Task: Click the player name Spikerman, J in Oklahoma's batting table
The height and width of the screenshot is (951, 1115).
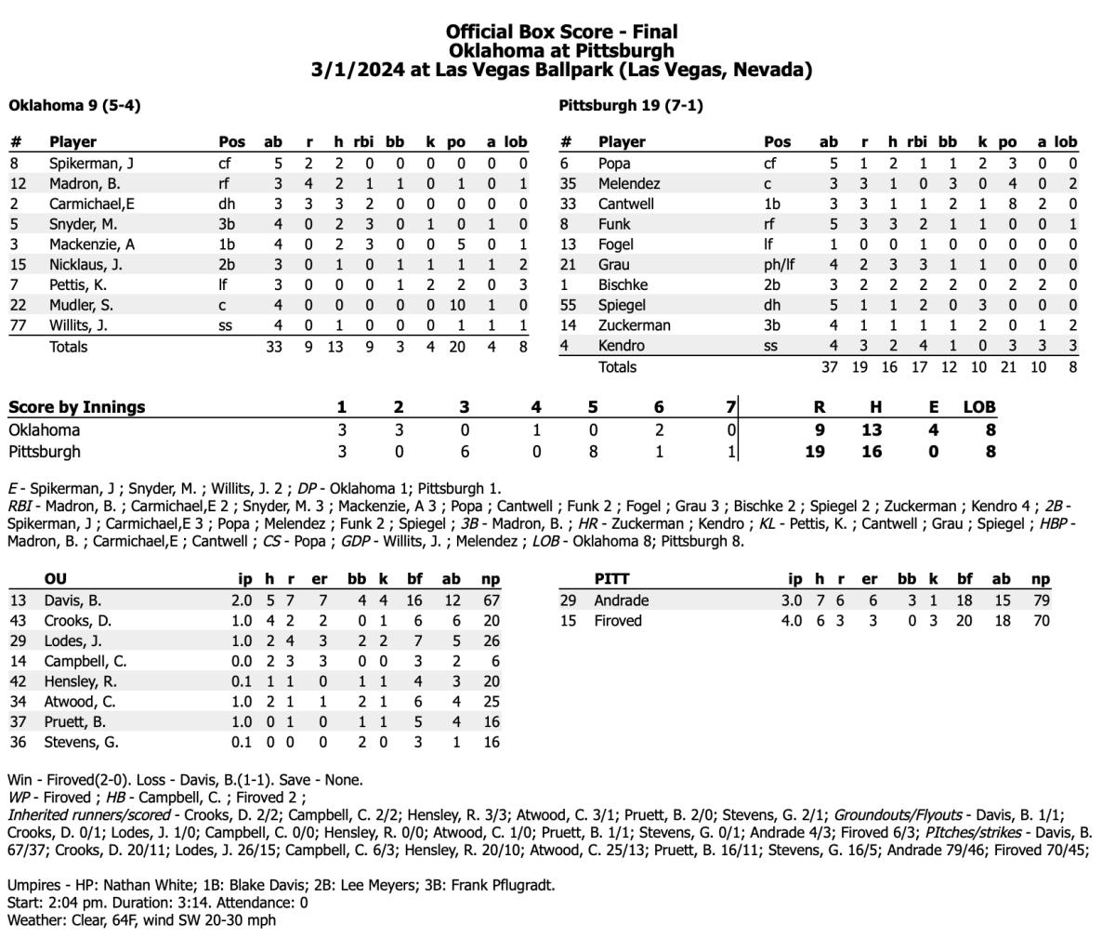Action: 91,164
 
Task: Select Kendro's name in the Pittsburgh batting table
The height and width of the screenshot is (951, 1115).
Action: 621,346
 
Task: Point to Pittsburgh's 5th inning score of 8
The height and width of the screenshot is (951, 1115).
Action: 593,452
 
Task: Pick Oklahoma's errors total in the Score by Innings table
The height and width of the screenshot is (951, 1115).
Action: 933,430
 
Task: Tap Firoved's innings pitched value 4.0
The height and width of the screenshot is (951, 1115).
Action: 791,620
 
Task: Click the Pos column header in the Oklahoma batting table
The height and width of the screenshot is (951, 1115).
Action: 232,142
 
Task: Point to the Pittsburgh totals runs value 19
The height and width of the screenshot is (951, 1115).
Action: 859,367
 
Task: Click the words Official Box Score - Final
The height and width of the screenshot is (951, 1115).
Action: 561,33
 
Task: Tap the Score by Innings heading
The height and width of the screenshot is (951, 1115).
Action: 77,407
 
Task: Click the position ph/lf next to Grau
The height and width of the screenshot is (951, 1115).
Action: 779,265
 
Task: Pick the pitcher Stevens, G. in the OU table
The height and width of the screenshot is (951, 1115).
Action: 81,743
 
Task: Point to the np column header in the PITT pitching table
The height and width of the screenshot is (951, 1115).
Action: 1041,579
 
